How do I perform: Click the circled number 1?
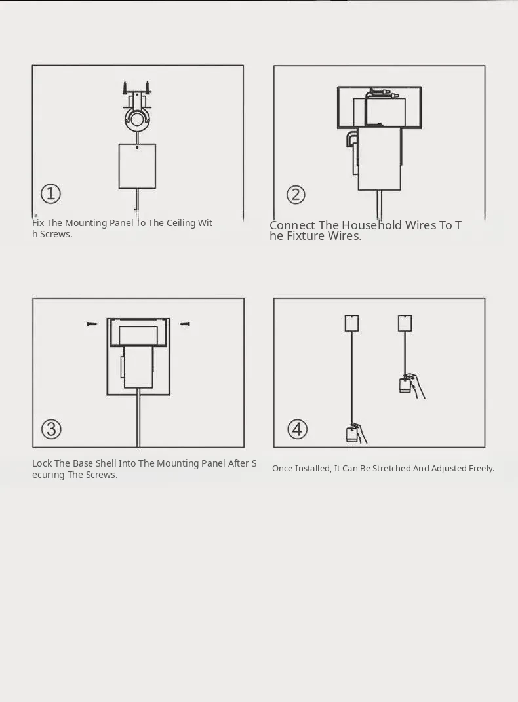click(x=50, y=194)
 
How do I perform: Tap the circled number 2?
click(x=296, y=195)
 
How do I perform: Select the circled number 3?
click(x=52, y=429)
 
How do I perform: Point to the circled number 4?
click(x=297, y=429)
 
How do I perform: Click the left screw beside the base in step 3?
click(x=92, y=324)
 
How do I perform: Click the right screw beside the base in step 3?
click(x=185, y=323)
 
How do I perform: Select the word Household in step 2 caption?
click(x=372, y=225)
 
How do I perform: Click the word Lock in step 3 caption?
click(x=42, y=463)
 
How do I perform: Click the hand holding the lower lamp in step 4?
click(x=359, y=433)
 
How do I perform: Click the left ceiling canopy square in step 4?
click(x=352, y=322)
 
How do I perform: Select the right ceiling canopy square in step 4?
click(x=405, y=322)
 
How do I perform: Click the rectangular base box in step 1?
click(x=137, y=166)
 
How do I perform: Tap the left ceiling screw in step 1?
click(x=126, y=88)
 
